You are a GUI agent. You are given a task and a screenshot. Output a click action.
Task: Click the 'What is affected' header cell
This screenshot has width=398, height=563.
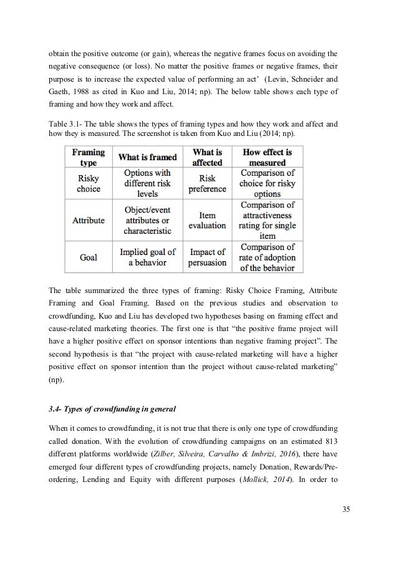207,157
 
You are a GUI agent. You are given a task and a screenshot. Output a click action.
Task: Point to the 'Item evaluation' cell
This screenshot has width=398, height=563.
207,221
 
